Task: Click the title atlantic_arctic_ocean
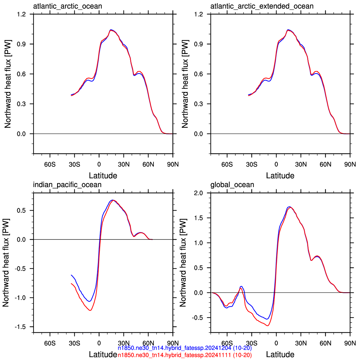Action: pyautogui.click(x=67, y=6)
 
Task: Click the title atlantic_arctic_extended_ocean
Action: pyautogui.click(x=262, y=6)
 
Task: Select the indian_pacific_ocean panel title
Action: pyautogui.click(x=67, y=185)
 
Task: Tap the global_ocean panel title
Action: pyautogui.click(x=232, y=185)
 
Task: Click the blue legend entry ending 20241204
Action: pyautogui.click(x=185, y=348)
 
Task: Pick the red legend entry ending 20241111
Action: pyautogui.click(x=185, y=355)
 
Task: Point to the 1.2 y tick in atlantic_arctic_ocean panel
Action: pyautogui.click(x=21, y=14)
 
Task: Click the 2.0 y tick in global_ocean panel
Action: pyautogui.click(x=199, y=193)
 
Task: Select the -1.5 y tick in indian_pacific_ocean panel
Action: pyautogui.click(x=20, y=327)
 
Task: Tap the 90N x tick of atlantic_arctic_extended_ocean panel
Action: pyautogui.click(x=350, y=164)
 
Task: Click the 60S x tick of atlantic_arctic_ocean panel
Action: pyautogui.click(x=50, y=164)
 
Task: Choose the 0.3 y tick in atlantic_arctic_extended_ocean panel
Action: pyautogui.click(x=199, y=104)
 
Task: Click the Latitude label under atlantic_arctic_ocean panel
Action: pyautogui.click(x=103, y=176)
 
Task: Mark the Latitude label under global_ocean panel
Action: pyautogui.click(x=280, y=354)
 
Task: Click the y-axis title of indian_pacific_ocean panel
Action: pyautogui.click(x=6, y=263)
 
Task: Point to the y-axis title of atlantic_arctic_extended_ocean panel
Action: pyautogui.click(x=185, y=84)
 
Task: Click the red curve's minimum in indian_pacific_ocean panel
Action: pyautogui.click(x=90, y=310)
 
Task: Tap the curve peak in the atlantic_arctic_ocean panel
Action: pyautogui.click(x=111, y=30)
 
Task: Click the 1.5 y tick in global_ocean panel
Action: pyautogui.click(x=199, y=218)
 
